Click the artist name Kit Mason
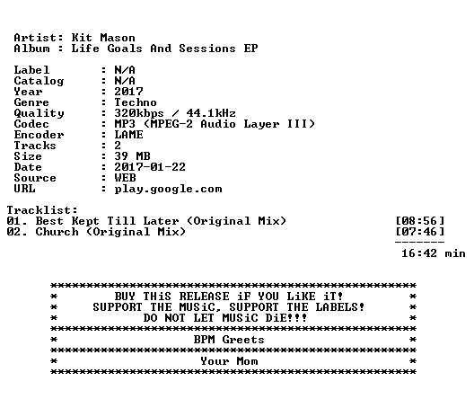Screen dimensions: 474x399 (103, 38)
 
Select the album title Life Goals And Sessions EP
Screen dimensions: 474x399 (164, 49)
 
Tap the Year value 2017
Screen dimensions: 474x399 (128, 92)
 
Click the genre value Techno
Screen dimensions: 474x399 (136, 102)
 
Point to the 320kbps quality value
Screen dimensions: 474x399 (139, 113)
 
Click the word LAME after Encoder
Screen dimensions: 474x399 (128, 135)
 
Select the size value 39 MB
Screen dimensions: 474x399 (132, 156)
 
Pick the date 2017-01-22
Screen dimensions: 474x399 (150, 167)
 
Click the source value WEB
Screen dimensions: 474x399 (125, 178)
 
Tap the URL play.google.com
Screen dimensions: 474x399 (168, 189)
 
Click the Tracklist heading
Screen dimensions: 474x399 (42, 210)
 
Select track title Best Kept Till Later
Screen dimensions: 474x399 (107, 221)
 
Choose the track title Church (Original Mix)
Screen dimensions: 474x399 (110, 232)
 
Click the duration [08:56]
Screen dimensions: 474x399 (420, 221)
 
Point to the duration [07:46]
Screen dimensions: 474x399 (420, 232)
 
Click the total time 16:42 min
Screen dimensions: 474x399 (434, 253)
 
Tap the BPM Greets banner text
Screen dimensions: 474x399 (229, 340)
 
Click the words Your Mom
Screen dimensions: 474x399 (229, 361)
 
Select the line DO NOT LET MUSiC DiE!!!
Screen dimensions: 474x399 (225, 318)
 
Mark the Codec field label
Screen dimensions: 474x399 (31, 124)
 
